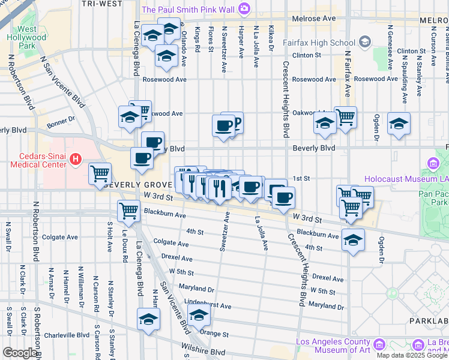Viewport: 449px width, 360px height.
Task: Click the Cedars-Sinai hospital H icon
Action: tap(76, 160)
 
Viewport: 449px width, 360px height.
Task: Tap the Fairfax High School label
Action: tap(326, 43)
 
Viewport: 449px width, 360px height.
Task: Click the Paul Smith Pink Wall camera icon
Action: tap(244, 8)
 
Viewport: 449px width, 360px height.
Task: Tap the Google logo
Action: tap(19, 353)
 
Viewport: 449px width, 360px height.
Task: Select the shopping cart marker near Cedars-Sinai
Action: tap(100, 174)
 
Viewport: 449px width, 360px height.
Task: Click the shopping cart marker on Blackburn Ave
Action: tap(128, 211)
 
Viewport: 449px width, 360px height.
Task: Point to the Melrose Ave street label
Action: tap(314, 19)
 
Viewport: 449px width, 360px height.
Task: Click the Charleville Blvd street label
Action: tap(67, 335)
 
